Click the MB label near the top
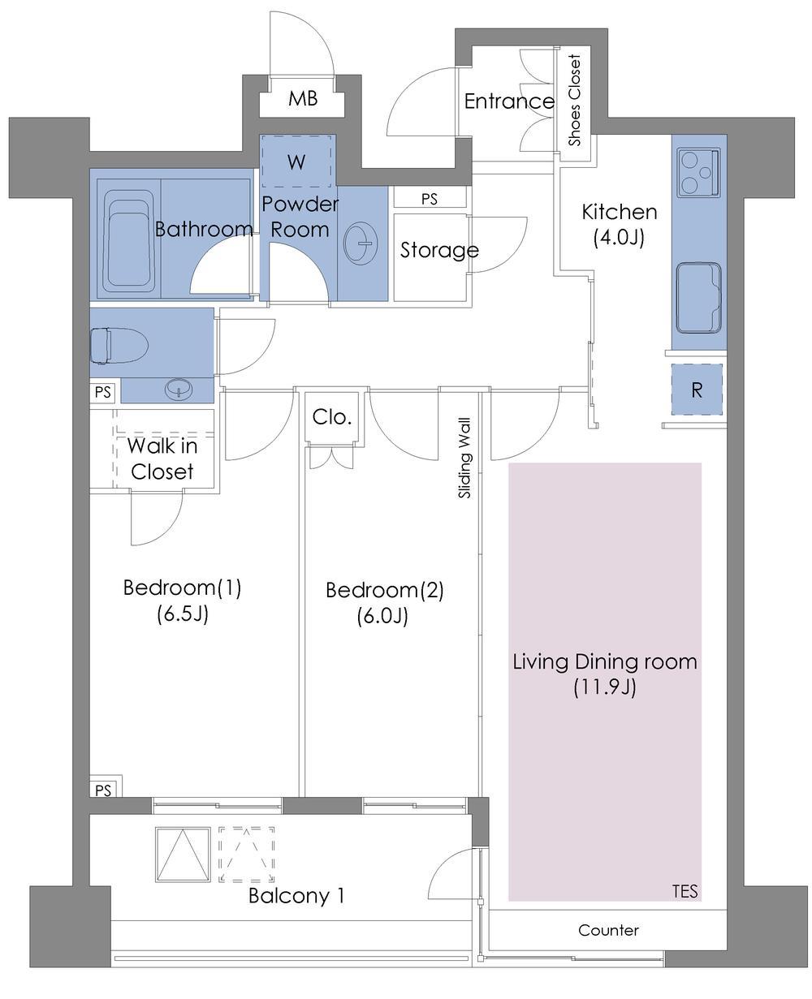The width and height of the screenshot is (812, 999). [303, 99]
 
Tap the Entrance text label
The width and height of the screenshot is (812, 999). [508, 101]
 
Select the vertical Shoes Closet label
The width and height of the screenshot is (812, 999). [576, 100]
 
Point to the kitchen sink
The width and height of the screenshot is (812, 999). [699, 297]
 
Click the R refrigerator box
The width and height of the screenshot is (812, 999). [697, 390]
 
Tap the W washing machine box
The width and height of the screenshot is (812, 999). [296, 162]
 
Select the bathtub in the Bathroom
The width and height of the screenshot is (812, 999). [129, 239]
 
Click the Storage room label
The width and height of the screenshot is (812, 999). [439, 251]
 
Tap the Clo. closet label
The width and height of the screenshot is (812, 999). [332, 418]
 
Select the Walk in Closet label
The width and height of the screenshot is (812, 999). [162, 459]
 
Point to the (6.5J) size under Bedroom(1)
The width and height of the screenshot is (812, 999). [183, 614]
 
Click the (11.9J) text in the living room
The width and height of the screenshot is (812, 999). [605, 688]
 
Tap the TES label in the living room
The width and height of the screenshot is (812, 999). [685, 890]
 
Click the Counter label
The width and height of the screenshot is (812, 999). [608, 930]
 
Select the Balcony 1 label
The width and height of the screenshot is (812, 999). [296, 896]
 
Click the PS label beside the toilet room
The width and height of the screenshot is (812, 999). [103, 393]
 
